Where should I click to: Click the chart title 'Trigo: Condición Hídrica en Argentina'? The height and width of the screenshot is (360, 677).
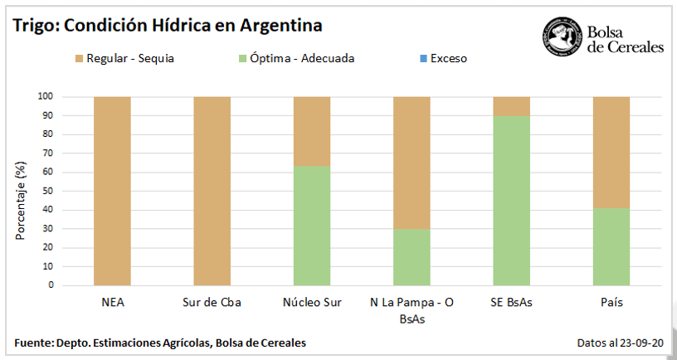(167, 26)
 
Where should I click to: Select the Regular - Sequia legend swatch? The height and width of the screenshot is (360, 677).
(80, 59)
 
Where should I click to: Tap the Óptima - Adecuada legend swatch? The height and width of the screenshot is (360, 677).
(242, 59)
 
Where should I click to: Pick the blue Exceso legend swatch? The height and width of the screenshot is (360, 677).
(424, 59)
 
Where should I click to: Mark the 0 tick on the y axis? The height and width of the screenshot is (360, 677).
(51, 285)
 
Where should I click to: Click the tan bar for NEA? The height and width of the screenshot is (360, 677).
(112, 191)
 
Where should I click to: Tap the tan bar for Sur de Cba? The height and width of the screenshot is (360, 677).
(212, 191)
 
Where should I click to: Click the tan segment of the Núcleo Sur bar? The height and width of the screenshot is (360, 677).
(312, 131)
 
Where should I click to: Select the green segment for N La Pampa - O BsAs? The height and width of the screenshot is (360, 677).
(412, 257)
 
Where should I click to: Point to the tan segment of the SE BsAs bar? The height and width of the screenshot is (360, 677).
(512, 106)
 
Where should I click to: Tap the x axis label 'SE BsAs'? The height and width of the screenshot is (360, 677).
(512, 303)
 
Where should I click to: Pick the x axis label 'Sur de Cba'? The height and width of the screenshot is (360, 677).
(212, 303)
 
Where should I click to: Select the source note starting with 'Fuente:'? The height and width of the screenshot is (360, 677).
(160, 343)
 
